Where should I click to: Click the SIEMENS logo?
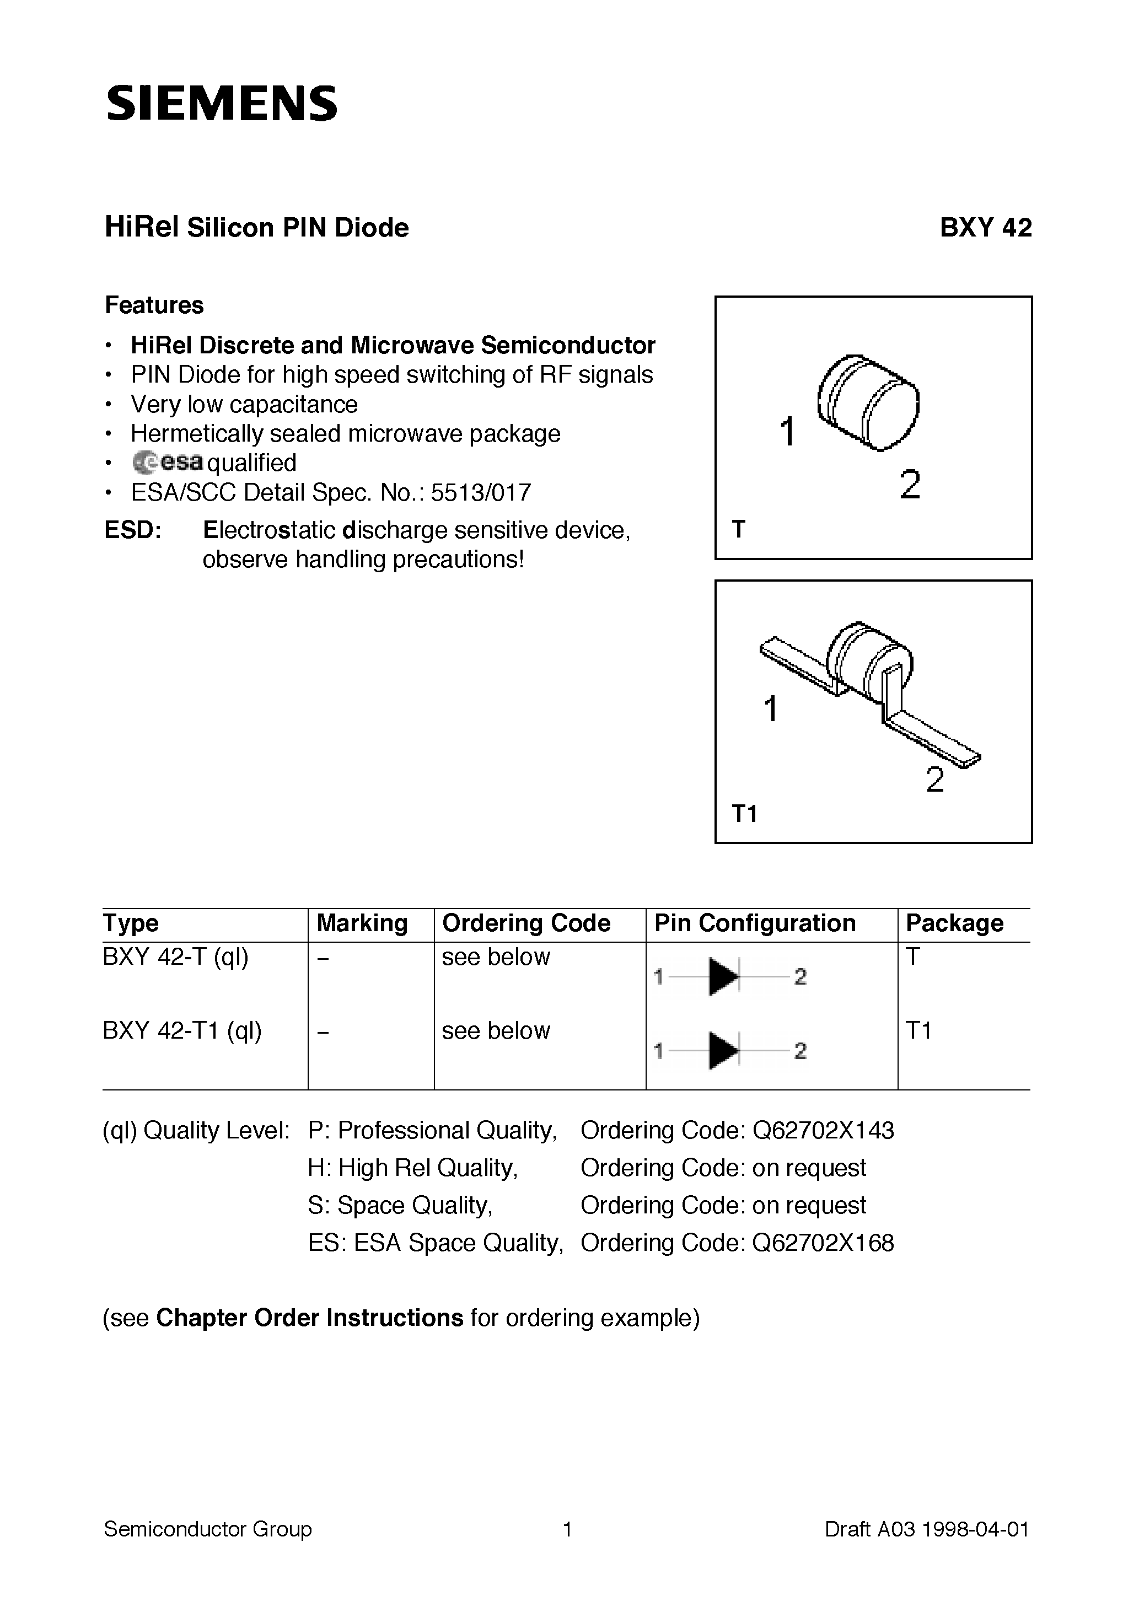[x=221, y=103]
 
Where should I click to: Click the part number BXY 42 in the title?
[x=985, y=228]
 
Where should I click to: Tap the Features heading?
[x=154, y=305]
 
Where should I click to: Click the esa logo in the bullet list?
[x=169, y=462]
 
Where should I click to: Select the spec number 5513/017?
[x=481, y=493]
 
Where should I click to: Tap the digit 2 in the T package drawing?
[x=909, y=485]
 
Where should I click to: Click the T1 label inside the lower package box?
[x=744, y=814]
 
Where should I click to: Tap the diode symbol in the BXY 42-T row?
[x=724, y=976]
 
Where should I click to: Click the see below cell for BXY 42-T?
[x=496, y=957]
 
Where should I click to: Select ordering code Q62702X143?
[x=823, y=1130]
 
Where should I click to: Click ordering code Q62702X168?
[x=823, y=1243]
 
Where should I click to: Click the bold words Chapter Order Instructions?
[x=309, y=1318]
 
